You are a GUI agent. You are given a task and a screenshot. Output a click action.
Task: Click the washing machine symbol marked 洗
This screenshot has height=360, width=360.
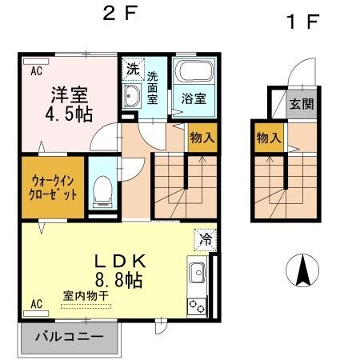pyautogui.click(x=133, y=70)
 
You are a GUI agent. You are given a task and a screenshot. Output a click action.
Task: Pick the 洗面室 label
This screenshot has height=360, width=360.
pyautogui.click(x=152, y=87)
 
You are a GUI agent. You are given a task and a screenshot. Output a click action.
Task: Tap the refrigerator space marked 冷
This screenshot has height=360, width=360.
pyautogui.click(x=205, y=238)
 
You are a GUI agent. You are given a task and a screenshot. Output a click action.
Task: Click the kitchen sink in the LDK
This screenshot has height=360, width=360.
pyautogui.click(x=196, y=273)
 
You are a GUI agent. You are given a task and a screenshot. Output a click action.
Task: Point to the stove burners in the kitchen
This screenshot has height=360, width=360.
pyautogui.click(x=196, y=305)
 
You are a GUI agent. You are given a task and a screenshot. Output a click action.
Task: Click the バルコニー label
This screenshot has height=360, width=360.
pyautogui.click(x=70, y=336)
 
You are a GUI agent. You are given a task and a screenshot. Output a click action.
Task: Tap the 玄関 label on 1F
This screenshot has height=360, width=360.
pyautogui.click(x=301, y=103)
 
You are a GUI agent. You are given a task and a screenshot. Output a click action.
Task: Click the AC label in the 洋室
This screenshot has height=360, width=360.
pyautogui.click(x=36, y=70)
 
